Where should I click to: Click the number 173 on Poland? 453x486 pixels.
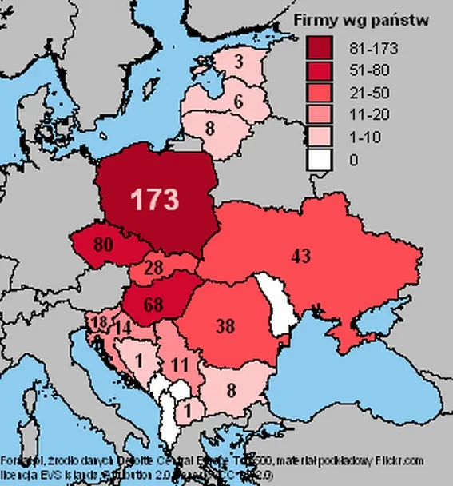tap(156, 199)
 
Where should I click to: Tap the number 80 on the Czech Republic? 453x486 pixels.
tap(102, 245)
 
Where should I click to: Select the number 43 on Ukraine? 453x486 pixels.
tap(300, 257)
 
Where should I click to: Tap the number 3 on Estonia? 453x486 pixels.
tap(239, 62)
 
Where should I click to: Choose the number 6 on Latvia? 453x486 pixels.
tap(239, 101)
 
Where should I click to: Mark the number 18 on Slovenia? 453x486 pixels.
tap(100, 322)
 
